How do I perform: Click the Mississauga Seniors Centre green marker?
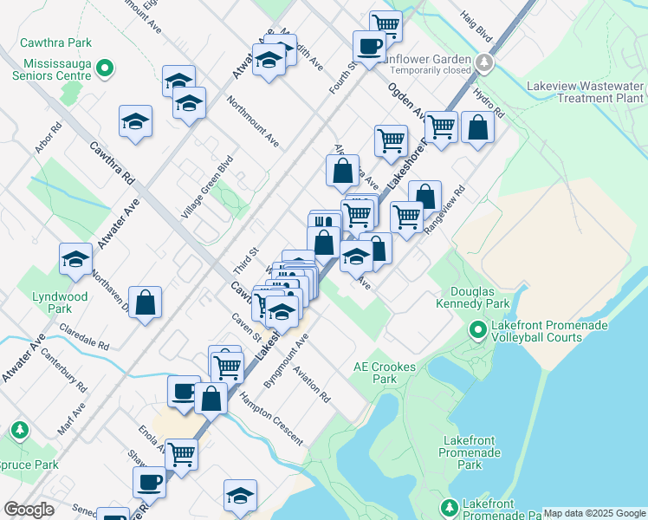[x=105, y=67]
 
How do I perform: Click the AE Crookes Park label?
[x=385, y=373]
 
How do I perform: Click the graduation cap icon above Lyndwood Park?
[x=75, y=258]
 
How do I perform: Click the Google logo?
[x=29, y=510]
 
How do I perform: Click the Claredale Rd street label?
[x=84, y=337]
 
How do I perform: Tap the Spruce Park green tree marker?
[x=19, y=430]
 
